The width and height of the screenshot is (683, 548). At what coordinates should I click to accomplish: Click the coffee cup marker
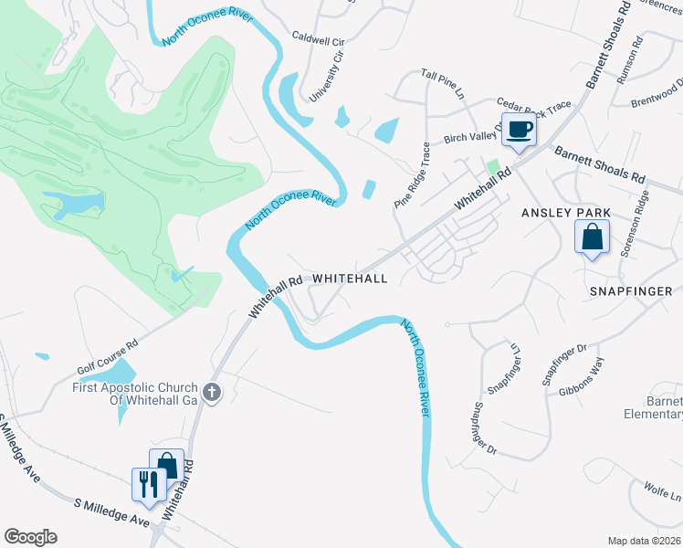point(520,130)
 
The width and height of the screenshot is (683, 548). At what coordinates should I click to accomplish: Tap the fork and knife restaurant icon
point(147,483)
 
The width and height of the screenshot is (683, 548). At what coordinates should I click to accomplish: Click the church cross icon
point(212,393)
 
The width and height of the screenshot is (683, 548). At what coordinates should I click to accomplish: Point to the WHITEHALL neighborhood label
point(351,278)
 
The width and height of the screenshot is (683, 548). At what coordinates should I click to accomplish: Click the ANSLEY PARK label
point(565,213)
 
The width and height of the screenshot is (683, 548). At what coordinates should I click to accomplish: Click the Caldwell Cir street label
point(317,41)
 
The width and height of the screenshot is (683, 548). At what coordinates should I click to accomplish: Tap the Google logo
point(30,537)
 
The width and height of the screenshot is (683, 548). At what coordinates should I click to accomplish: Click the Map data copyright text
point(645,541)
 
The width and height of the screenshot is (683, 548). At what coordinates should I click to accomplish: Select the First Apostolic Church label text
point(136,393)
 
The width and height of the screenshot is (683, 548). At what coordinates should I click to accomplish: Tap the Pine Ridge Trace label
point(412,176)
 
